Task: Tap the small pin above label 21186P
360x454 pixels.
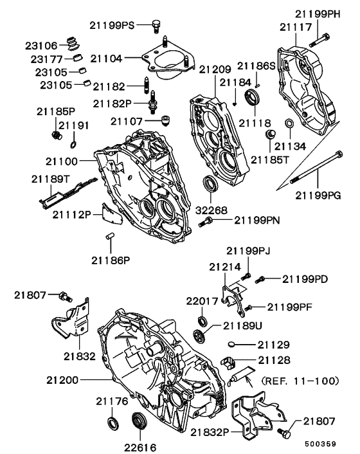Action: pyautogui.click(x=110, y=237)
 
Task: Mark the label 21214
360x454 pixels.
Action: pyautogui.click(x=221, y=266)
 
